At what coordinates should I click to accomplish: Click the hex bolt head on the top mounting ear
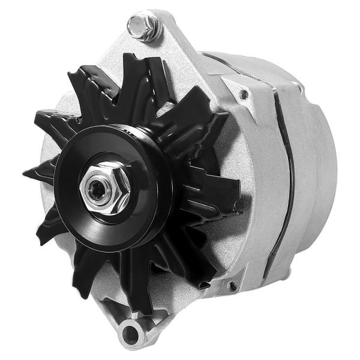pos(143,25)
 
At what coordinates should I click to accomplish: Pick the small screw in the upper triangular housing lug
pos(244,94)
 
